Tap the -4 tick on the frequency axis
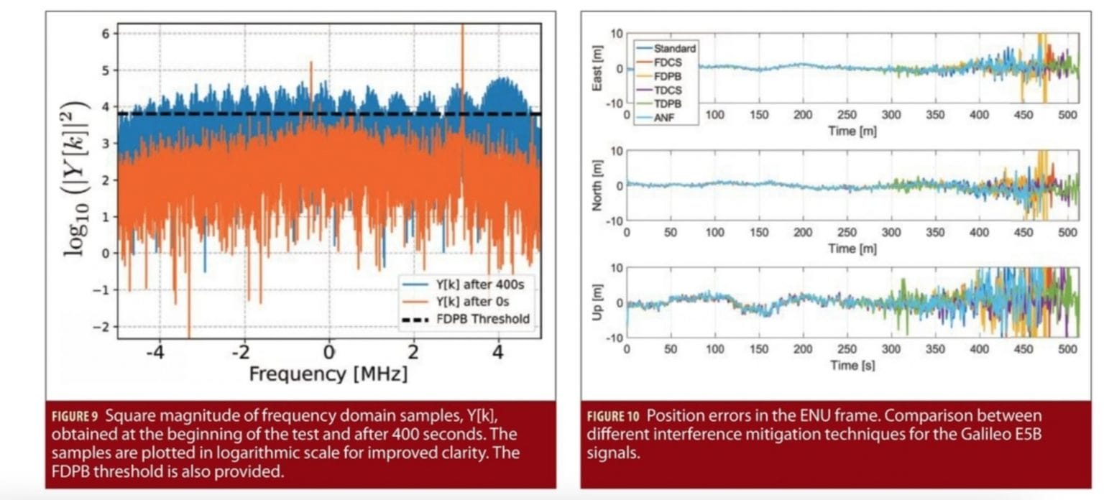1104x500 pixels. (x=156, y=353)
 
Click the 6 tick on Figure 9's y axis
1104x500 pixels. (x=105, y=34)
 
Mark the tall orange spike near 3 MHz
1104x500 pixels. (x=462, y=65)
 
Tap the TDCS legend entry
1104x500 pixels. (x=667, y=90)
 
